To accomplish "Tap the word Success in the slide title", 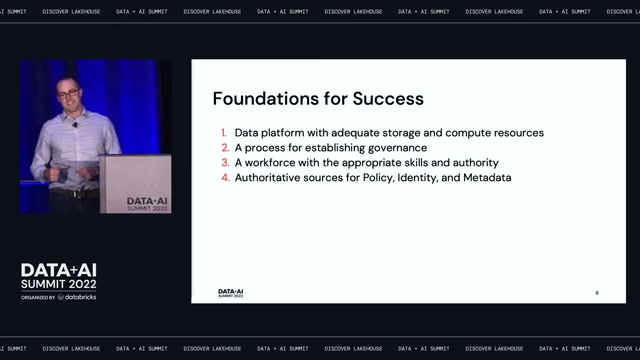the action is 388,99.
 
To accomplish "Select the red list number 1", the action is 224,133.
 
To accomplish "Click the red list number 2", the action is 225,148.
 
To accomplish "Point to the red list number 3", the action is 225,162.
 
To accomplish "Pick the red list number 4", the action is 225,178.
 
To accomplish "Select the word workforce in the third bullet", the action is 269,162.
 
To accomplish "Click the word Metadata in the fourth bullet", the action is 487,178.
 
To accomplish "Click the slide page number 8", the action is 597,293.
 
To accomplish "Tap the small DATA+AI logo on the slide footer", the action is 231,293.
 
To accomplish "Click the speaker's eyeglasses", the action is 69,94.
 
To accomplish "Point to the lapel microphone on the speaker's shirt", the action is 75,124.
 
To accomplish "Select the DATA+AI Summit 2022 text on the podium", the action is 147,204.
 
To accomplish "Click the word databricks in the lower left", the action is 81,297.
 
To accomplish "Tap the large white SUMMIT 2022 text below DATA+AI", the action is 59,284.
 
